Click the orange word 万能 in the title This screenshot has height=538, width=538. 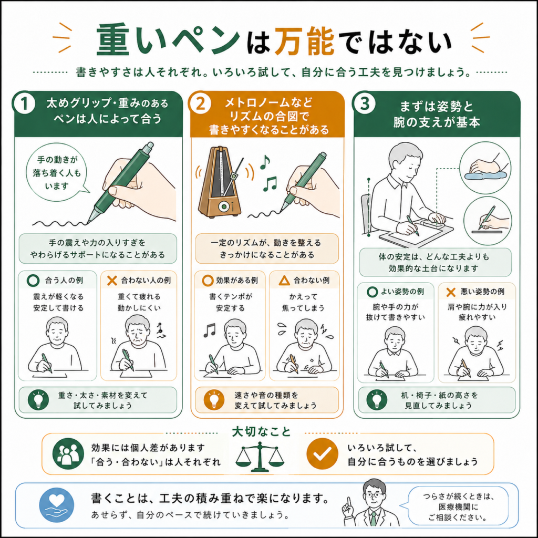point(304,41)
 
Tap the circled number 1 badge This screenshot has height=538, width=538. point(24,104)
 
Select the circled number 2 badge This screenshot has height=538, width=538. point(200,103)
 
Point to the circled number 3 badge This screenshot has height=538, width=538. point(364,103)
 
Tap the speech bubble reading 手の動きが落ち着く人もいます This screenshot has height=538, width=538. point(57,172)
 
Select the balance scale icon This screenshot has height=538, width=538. point(260,457)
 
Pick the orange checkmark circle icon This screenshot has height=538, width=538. point(322,453)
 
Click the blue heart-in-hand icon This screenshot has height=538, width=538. point(57,505)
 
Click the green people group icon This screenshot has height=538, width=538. point(68,453)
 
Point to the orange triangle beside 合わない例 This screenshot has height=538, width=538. point(284,281)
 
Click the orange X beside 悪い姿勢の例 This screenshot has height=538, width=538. point(450,292)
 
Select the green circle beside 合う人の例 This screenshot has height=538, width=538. point(33,281)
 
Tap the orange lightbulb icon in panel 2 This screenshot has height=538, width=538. point(214,400)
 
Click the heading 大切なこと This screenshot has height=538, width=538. point(262,432)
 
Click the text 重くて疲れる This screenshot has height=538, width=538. point(139,296)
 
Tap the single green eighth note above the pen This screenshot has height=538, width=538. point(265,162)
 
